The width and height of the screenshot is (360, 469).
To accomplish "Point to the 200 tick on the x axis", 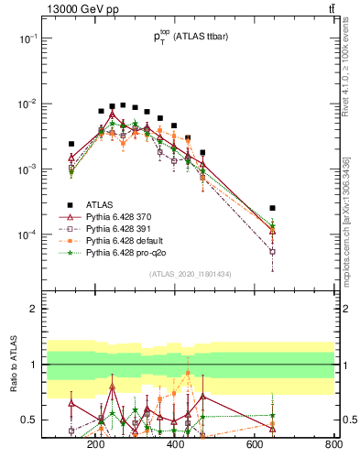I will click(95, 445).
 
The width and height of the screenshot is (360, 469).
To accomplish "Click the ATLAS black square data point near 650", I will click(272, 208).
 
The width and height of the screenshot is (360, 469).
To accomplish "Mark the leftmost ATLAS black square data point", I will click(71, 144).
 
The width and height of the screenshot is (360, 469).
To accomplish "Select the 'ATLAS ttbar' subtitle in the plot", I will click(208, 37).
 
